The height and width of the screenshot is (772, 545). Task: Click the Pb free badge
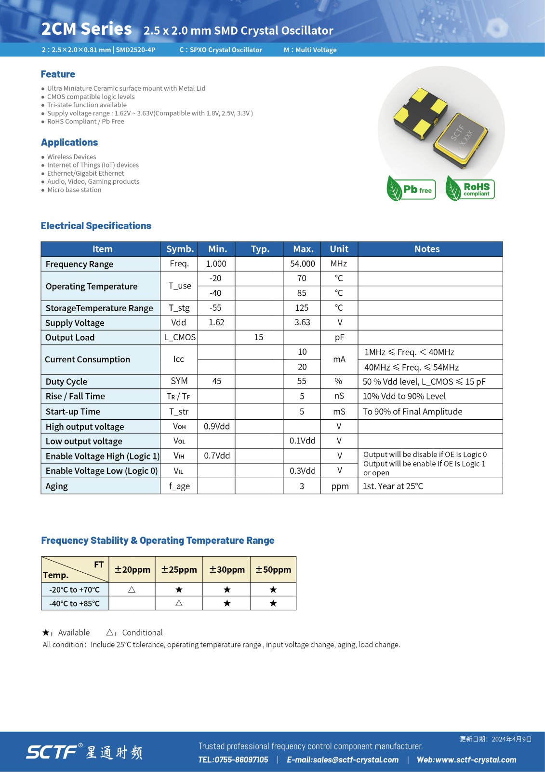412,189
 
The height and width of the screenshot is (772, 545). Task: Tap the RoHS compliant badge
470,189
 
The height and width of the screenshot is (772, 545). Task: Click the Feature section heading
58,74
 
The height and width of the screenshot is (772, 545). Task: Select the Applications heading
69,142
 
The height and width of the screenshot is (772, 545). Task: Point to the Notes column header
427,249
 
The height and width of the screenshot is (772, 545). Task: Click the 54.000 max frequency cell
302,264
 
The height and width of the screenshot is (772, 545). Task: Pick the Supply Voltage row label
75,323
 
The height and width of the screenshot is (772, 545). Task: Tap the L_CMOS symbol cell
179,337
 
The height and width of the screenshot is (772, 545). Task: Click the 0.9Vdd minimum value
217,427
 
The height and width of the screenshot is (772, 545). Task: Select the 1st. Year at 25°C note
393,486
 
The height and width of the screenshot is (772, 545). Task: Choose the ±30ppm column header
227,569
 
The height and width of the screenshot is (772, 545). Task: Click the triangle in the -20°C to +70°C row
132,590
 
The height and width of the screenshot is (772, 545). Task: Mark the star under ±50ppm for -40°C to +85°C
273,604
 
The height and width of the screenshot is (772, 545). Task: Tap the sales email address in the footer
343,760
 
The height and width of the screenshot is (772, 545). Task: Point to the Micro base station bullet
74,190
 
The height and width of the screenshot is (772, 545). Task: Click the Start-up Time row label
73,412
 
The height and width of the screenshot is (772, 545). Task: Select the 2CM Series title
87,29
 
